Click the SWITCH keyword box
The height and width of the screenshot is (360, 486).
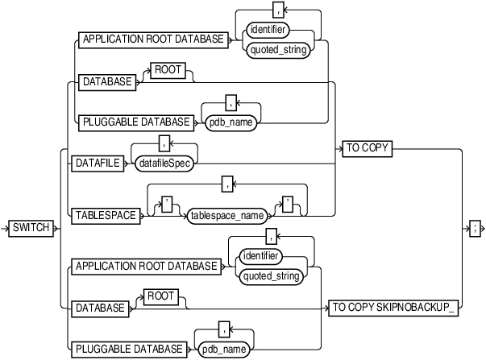pos(31,229)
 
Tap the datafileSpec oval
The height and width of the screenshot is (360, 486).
pos(166,163)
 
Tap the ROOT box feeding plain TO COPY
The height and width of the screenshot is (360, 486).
pos(167,70)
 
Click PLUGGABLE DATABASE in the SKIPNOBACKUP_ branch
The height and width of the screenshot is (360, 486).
pos(128,350)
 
